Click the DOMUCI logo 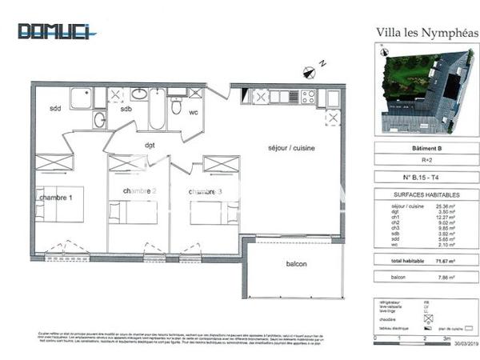pyautogui.click(x=57, y=31)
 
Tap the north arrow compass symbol pyautogui.click(x=310, y=72)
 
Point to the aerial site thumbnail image pyautogui.click(x=426, y=90)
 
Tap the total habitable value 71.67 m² pyautogui.click(x=455, y=261)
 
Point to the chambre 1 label pyautogui.click(x=58, y=197)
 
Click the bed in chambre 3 pyautogui.click(x=214, y=213)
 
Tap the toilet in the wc pyautogui.click(x=176, y=106)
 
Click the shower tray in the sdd pyautogui.click(x=80, y=98)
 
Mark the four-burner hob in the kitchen pyautogui.click(x=307, y=97)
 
